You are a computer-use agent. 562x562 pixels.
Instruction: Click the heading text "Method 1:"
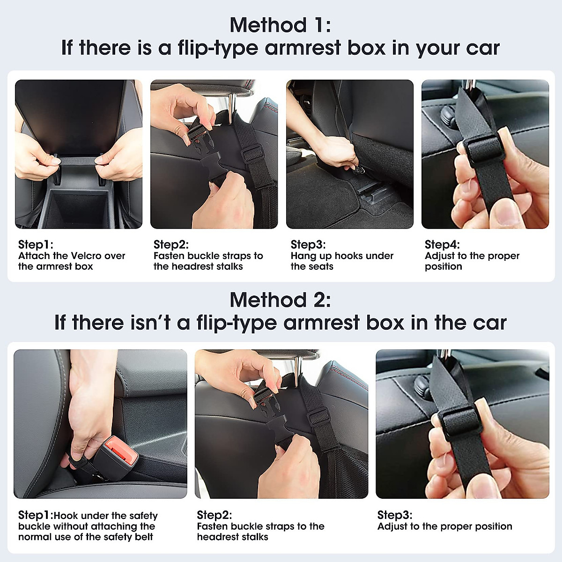point(280,25)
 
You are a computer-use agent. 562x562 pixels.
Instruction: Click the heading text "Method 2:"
point(280,300)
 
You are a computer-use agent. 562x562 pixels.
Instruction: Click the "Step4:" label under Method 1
point(442,244)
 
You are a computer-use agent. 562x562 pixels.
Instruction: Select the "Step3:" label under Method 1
point(308,244)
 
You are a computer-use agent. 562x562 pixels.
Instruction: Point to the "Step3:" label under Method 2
point(394,515)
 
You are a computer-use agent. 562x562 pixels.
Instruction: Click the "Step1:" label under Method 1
point(36,244)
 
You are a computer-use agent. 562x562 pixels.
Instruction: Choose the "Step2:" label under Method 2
point(214,515)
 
